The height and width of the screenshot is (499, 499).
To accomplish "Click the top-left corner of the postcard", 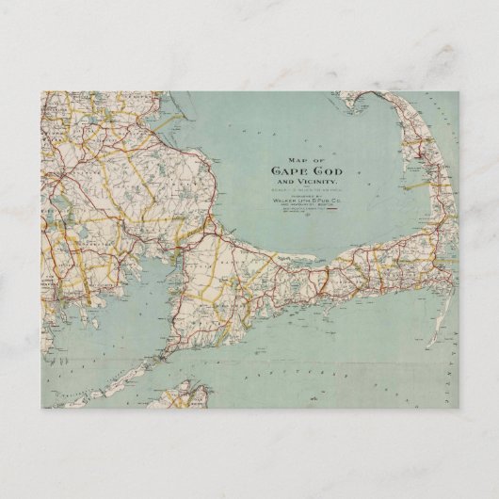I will pos(41,91).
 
